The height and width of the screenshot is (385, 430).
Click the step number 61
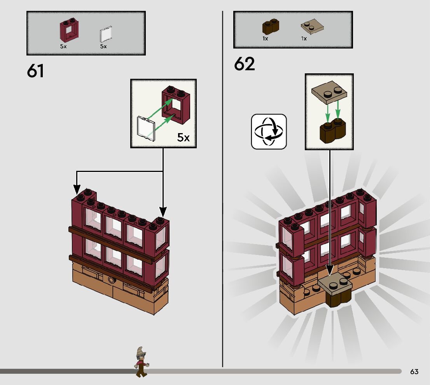[35, 71]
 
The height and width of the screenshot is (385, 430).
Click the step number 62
[244, 64]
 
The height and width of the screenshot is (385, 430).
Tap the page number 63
[414, 372]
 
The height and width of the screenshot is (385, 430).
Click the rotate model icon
[269, 132]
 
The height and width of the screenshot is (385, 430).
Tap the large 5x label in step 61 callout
[184, 137]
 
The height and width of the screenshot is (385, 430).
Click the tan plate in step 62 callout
[329, 93]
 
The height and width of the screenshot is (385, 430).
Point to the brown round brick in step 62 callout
[332, 133]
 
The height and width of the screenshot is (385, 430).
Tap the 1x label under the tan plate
[304, 39]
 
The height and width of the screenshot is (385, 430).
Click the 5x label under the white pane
[103, 46]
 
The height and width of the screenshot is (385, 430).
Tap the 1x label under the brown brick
[265, 39]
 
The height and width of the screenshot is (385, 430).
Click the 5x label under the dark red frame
[63, 46]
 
